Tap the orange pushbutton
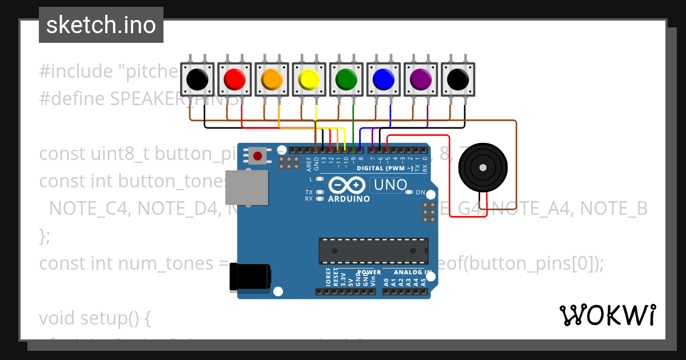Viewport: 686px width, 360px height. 272,79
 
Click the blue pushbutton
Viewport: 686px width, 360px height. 384,79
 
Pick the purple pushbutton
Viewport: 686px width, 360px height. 421,79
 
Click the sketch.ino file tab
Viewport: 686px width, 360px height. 101,25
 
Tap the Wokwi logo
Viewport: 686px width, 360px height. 608,315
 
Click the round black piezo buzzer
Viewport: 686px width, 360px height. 483,167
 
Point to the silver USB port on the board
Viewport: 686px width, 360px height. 246,187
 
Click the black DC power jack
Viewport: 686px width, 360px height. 250,277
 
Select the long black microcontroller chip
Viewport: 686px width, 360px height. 373,252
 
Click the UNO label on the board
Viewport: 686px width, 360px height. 389,185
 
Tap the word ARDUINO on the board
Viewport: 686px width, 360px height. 349,199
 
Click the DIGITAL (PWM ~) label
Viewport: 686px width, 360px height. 384,169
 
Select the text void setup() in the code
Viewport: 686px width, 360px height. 94,318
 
